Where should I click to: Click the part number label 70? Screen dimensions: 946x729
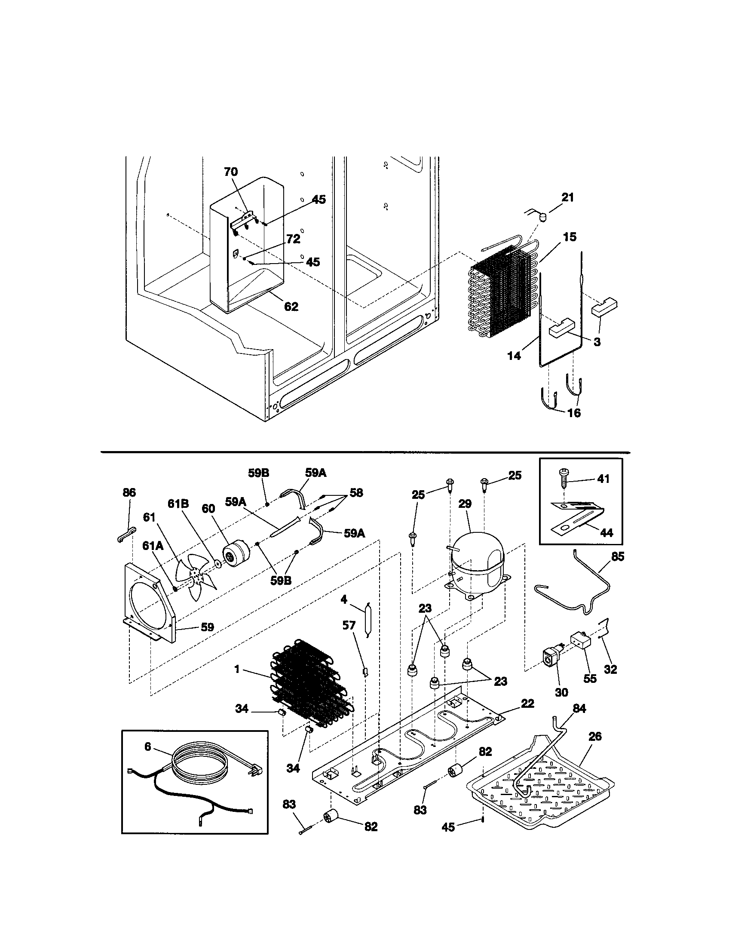(x=231, y=172)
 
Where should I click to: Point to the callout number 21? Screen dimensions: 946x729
(x=567, y=197)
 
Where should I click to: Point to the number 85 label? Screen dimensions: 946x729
(x=618, y=556)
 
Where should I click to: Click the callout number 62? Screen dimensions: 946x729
(x=291, y=307)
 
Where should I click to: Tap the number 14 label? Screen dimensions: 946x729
(x=514, y=356)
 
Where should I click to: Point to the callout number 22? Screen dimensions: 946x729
(x=528, y=704)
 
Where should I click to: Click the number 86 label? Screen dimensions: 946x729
(x=129, y=492)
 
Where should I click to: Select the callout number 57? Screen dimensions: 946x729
(x=349, y=625)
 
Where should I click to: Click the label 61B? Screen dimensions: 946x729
(x=178, y=504)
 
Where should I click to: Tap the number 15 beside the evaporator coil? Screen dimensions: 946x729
(x=570, y=237)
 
